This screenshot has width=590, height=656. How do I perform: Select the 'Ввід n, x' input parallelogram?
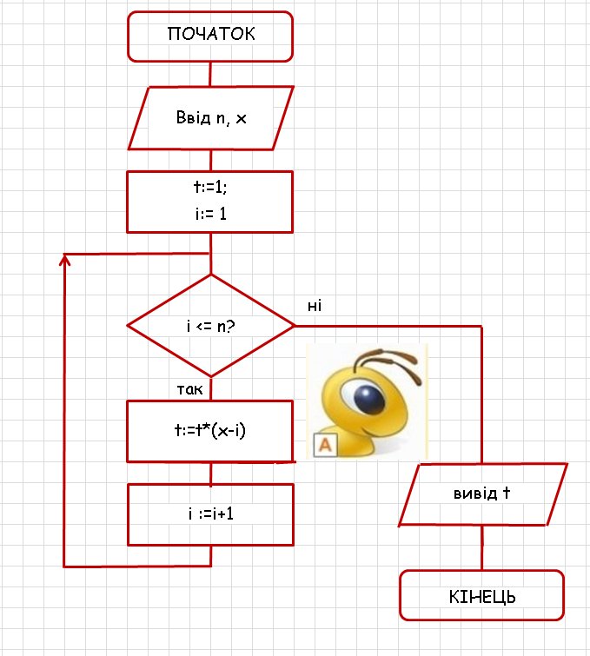tap(210, 118)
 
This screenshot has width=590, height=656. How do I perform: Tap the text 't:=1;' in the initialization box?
tap(210, 187)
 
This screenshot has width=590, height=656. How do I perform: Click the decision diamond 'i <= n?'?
tap(211, 326)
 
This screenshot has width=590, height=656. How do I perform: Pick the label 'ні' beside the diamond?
tap(315, 305)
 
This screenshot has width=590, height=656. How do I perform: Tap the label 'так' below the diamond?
tap(189, 388)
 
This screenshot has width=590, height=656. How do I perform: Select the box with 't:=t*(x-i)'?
tap(210, 431)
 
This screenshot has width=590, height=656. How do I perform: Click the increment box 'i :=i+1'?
tap(210, 514)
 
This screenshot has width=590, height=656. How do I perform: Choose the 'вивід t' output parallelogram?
tap(482, 494)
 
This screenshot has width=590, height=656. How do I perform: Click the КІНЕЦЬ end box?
tap(482, 597)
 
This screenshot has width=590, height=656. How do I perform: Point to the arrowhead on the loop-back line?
tap(64, 260)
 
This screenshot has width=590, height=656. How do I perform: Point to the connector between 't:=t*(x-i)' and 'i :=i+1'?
tap(210, 473)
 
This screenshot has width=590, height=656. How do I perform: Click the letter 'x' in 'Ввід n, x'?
tap(241, 119)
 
